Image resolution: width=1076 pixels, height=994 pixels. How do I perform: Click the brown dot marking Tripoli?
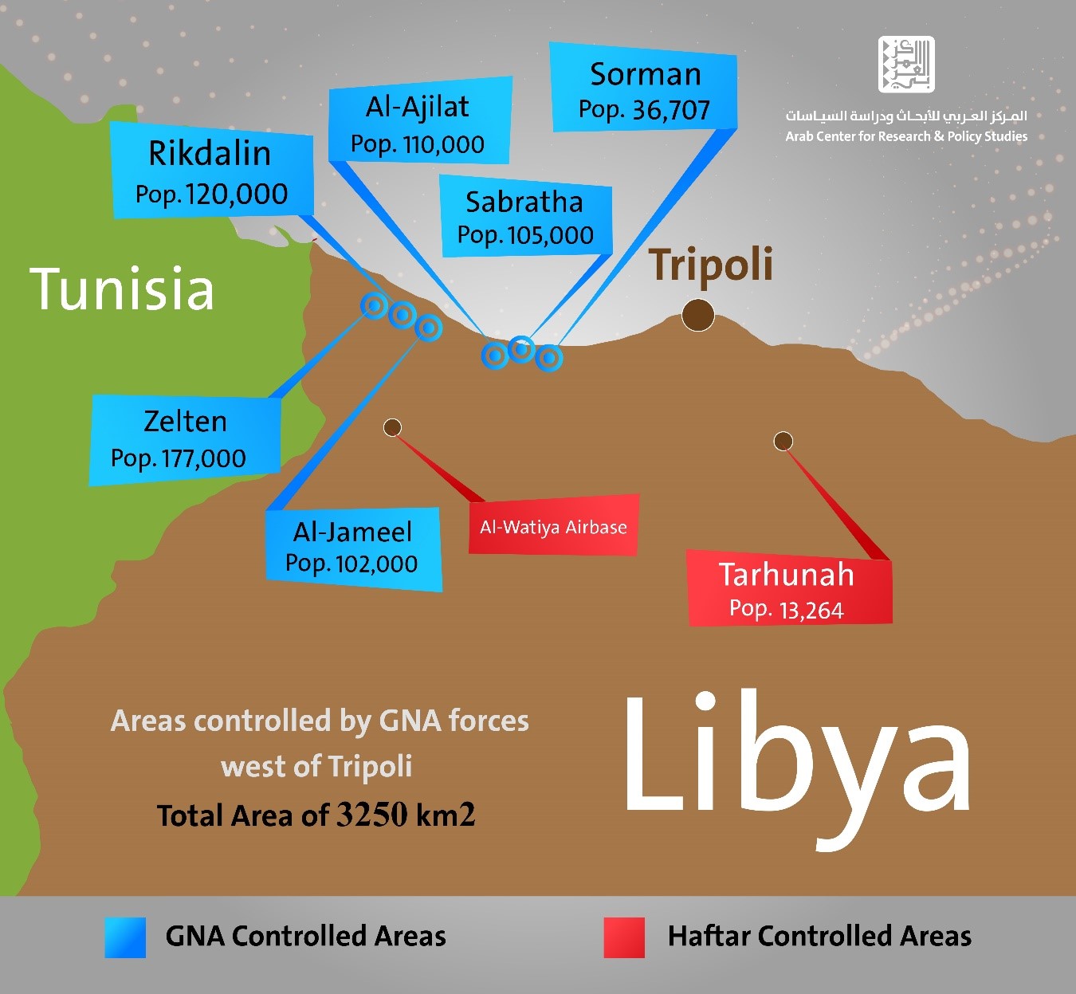(698, 316)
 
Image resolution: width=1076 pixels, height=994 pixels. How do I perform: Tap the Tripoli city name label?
(710, 265)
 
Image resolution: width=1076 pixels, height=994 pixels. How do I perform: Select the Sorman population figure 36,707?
(670, 111)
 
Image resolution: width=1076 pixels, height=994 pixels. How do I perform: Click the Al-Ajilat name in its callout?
(418, 107)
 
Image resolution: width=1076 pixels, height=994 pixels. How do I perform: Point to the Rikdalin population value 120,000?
(237, 194)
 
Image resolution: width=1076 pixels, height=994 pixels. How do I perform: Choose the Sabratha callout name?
(524, 202)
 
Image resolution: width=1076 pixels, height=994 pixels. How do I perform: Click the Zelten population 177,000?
(203, 458)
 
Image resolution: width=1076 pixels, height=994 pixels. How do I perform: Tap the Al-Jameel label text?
(352, 532)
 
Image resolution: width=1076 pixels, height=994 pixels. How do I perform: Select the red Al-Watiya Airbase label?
(553, 527)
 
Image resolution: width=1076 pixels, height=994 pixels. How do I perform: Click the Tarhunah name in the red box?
(786, 575)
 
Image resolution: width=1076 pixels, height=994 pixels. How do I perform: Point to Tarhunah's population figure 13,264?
(811, 611)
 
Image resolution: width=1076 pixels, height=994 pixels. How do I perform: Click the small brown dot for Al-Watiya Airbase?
(392, 428)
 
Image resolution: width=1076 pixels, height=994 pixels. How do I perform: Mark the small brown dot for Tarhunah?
(783, 441)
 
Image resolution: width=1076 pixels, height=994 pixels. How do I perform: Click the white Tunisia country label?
(122, 289)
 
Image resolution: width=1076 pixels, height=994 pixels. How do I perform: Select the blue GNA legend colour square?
(125, 937)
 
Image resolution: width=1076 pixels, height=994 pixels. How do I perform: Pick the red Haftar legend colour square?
(624, 937)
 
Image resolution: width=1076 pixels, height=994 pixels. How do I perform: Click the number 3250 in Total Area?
(371, 815)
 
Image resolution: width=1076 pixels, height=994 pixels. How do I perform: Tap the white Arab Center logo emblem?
(906, 65)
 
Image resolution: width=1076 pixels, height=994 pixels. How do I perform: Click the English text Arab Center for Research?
(858, 136)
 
